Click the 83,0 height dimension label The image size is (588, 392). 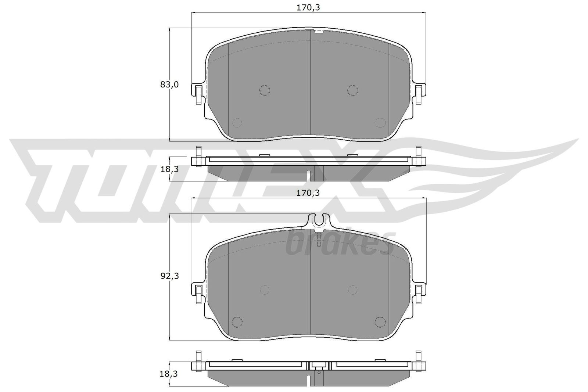point(169,85)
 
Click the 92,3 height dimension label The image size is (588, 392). point(169,276)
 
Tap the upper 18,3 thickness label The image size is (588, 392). point(169,169)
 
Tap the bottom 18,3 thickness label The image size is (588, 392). point(169,374)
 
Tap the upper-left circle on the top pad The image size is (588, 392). point(264,90)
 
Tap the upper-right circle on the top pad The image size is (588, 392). point(352,90)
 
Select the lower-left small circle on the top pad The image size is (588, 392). point(237,123)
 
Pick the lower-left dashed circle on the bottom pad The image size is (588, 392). point(237,321)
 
